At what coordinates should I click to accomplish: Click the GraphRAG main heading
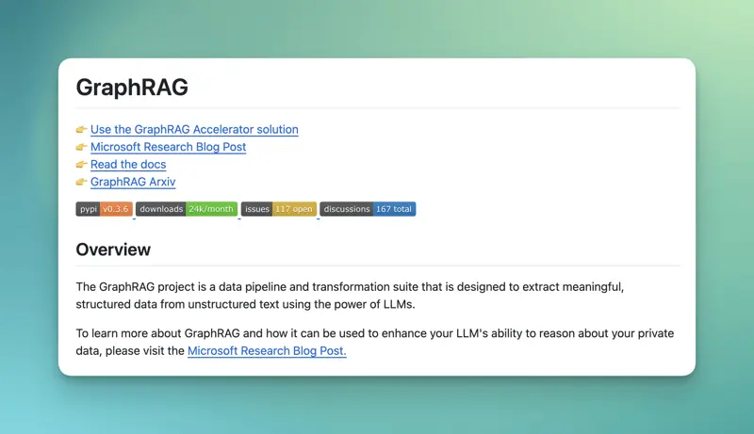click(x=132, y=88)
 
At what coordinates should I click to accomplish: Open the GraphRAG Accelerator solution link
click(x=194, y=129)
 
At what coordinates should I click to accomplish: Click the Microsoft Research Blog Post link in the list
click(x=168, y=147)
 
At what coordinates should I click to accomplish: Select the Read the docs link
click(x=128, y=164)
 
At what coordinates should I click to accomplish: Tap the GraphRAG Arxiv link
click(x=133, y=182)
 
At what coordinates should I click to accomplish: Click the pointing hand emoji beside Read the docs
click(x=82, y=164)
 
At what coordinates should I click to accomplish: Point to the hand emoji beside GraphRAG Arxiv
click(x=82, y=182)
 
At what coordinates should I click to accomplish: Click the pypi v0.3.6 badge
click(x=104, y=209)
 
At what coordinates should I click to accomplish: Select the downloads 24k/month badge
click(x=186, y=209)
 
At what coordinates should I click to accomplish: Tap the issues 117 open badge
click(x=278, y=209)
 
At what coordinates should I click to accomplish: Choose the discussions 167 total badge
click(x=368, y=209)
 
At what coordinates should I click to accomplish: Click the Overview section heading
click(x=113, y=249)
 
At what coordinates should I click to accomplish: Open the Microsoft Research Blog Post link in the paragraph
click(x=267, y=351)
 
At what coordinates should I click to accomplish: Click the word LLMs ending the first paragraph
click(x=397, y=304)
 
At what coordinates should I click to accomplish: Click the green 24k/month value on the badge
click(x=211, y=209)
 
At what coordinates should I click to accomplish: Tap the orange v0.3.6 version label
click(x=116, y=209)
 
